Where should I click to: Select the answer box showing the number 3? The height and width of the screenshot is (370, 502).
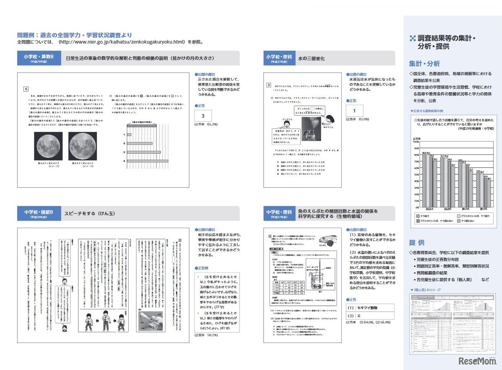[x=203, y=116]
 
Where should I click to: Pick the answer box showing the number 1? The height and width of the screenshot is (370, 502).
[x=354, y=111]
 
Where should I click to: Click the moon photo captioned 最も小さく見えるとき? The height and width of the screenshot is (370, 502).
[x=45, y=143]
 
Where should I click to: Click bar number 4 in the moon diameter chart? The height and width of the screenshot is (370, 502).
[x=147, y=161]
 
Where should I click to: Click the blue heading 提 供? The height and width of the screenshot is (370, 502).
[x=417, y=242]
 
